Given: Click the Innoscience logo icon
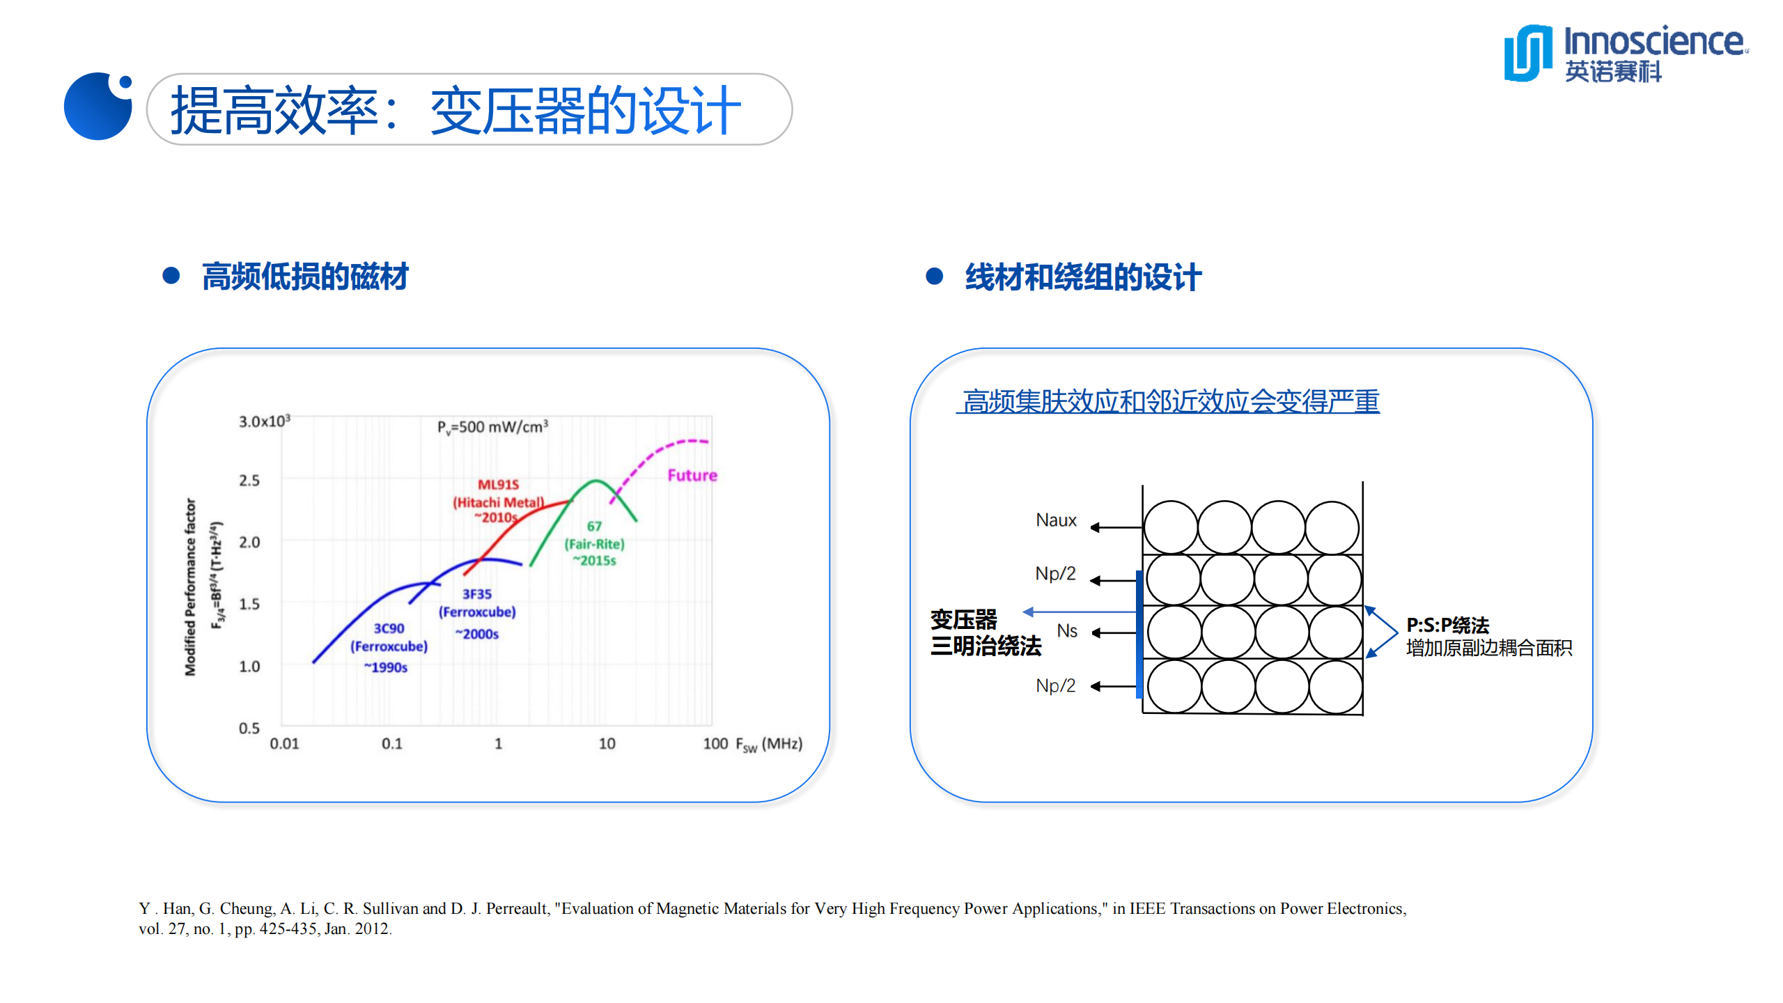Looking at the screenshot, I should pyautogui.click(x=1528, y=53).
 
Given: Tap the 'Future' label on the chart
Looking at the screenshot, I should pyautogui.click(x=692, y=475).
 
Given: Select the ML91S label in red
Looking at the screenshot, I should pyautogui.click(x=498, y=484).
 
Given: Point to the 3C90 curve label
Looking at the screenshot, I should pyautogui.click(x=389, y=628).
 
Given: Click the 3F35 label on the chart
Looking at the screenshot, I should pyautogui.click(x=477, y=594).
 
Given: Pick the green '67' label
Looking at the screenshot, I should pyautogui.click(x=594, y=527).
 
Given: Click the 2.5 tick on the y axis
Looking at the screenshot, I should pyautogui.click(x=249, y=481).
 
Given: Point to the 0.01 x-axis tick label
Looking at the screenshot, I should pyautogui.click(x=284, y=744).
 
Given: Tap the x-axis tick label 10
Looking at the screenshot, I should pyautogui.click(x=607, y=744).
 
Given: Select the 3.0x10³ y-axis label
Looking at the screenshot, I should pyautogui.click(x=264, y=421).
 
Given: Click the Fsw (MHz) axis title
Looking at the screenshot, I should pyautogui.click(x=769, y=745).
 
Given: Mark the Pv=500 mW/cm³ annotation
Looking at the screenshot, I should pyautogui.click(x=492, y=427).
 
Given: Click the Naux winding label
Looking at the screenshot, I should pyautogui.click(x=1056, y=520).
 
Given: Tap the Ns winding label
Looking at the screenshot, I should pyautogui.click(x=1066, y=631).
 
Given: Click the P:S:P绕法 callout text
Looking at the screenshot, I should pyautogui.click(x=1447, y=625).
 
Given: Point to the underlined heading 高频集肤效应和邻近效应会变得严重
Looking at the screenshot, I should pyautogui.click(x=1170, y=401).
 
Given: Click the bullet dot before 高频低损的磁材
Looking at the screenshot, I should pyautogui.click(x=171, y=277).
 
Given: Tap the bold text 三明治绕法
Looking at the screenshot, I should pyautogui.click(x=986, y=646).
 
